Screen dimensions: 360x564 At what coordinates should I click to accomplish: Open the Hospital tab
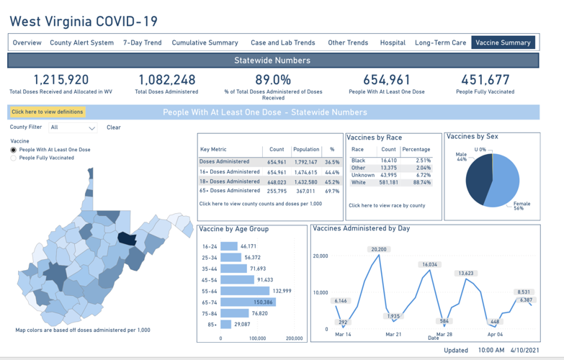point(393,42)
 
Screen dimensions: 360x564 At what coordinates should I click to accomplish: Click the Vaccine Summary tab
point(503,42)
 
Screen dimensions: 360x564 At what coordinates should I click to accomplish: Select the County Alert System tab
point(81,42)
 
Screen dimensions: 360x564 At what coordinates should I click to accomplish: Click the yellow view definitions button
point(47,112)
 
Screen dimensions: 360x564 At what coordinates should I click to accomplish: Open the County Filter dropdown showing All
point(73,127)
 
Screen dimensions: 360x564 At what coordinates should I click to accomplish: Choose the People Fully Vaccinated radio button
point(14,158)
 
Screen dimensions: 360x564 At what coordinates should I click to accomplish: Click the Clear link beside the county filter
point(114,127)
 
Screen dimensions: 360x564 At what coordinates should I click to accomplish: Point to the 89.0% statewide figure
point(273,79)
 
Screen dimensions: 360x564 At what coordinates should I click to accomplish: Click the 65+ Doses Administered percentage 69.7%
point(332,191)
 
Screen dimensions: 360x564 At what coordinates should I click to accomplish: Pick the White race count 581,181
point(388,183)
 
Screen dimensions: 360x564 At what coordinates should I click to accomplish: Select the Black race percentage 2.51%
point(423,161)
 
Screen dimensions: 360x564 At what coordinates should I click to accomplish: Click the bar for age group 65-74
point(248,302)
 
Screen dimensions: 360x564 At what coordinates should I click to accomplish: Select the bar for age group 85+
point(225,325)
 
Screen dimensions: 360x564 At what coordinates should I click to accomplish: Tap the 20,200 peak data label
point(379,249)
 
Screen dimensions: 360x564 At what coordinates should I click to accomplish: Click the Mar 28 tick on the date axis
point(444,335)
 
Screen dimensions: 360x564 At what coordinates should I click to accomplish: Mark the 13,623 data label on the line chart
point(466,273)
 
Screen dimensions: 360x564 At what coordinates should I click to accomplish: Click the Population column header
point(306,150)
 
